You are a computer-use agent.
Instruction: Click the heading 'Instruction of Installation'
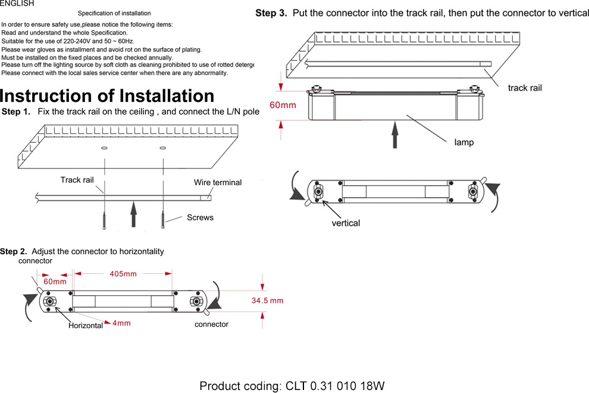tap(107, 96)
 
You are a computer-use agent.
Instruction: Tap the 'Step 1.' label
tap(16, 112)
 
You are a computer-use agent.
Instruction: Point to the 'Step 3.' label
tap(271, 13)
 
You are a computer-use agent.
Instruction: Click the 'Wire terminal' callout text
tap(218, 182)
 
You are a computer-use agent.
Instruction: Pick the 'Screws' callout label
tap(200, 217)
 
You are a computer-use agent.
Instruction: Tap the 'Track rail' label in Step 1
tap(77, 180)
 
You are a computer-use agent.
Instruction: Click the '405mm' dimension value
tap(123, 274)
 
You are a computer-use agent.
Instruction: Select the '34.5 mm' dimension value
tap(267, 301)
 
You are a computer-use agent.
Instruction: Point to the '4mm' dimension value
tap(121, 323)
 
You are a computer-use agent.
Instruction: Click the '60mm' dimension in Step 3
tap(283, 105)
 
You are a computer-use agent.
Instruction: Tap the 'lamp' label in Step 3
tap(464, 143)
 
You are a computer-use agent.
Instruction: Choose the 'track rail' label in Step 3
tap(525, 88)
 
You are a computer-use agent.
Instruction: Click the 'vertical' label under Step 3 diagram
tap(346, 223)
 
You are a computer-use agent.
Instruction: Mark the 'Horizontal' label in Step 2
tap(86, 326)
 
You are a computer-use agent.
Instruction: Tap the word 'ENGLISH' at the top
tap(17, 4)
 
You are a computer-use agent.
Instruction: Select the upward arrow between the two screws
tap(134, 213)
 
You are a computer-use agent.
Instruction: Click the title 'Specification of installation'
tap(114, 13)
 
